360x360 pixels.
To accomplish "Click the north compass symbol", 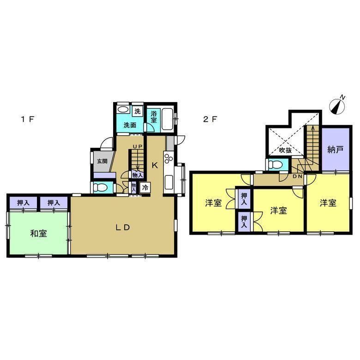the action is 337,105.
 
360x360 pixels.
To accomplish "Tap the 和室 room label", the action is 39,234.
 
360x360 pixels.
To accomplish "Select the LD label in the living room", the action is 123,227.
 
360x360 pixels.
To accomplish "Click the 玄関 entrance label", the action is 102,161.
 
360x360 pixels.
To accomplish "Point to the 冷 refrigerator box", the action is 145,187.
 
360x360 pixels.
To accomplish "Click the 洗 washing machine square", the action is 137,112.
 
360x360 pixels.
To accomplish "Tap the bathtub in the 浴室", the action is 168,120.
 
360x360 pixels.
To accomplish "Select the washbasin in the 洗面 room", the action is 123,110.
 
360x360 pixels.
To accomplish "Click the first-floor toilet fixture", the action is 100,188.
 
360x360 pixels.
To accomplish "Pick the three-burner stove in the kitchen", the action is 169,158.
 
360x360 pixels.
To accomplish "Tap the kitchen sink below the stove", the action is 169,182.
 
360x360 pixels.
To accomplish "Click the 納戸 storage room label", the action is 335,150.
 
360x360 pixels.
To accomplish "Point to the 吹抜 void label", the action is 285,150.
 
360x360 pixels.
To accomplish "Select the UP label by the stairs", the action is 137,146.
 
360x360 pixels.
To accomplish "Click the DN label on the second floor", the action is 297,176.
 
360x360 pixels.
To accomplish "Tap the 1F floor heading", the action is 28,119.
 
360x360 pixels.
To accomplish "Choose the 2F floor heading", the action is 210,119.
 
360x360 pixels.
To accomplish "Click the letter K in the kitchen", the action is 155,165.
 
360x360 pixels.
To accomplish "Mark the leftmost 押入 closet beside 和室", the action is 23,203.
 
